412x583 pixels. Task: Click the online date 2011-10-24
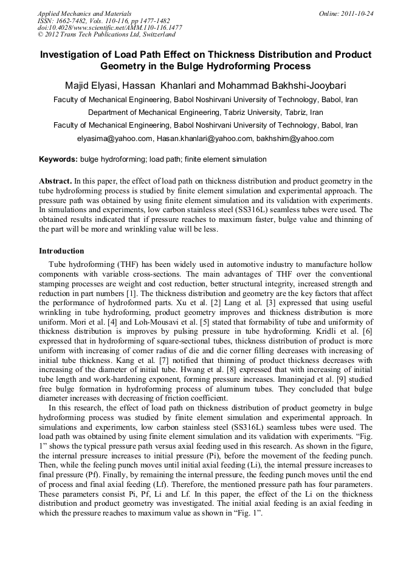[354, 13]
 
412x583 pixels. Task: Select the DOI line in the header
[109, 27]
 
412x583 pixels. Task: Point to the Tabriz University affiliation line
[205, 112]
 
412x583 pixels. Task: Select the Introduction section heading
[61, 251]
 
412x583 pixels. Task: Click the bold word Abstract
[55, 181]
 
